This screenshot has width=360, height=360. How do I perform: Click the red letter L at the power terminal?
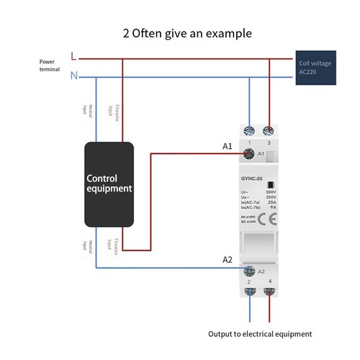74,55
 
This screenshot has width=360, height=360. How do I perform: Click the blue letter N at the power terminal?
74,76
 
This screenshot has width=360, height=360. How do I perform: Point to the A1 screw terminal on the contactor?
249,153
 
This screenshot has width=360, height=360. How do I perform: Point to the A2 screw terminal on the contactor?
249,271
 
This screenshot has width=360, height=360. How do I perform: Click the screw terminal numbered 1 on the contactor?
249,131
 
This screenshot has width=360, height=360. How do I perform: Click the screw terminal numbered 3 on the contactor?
269,131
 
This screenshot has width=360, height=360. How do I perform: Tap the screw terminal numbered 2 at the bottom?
249,292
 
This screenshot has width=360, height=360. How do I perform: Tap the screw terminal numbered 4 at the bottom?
269,292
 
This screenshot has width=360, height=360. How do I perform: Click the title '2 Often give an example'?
180,33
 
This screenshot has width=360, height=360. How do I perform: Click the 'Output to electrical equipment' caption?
259,334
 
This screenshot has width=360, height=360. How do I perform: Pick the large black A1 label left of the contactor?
227,146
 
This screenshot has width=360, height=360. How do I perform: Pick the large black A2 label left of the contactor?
227,259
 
